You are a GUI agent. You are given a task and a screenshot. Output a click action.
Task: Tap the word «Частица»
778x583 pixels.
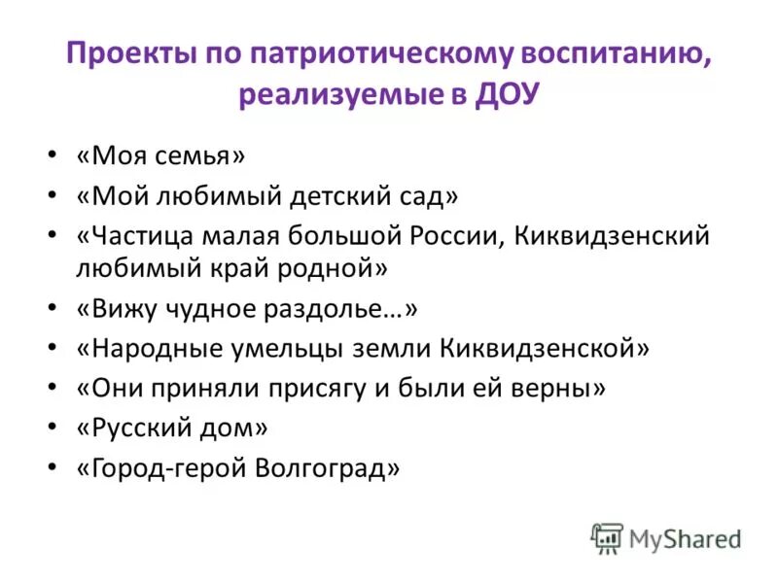coord(137,236)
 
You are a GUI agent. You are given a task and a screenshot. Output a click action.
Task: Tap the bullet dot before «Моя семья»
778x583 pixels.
coord(51,155)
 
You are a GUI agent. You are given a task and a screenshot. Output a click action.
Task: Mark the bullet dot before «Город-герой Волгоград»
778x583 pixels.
coord(51,468)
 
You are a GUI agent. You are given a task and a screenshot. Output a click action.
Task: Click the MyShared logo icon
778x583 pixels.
coord(607,538)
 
